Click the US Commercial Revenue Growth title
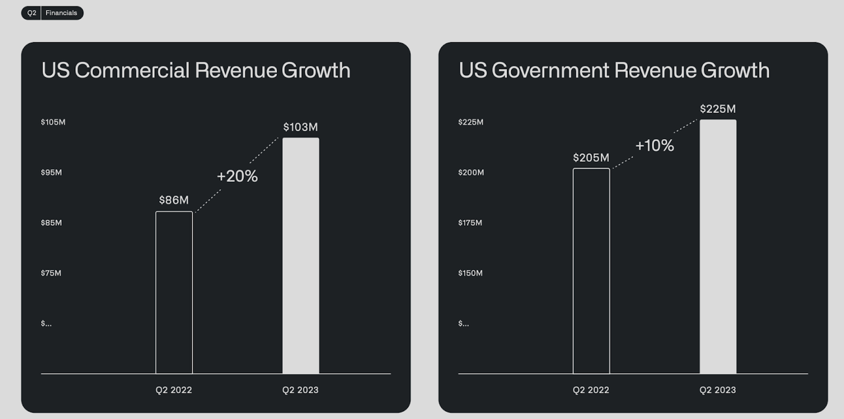tap(196, 70)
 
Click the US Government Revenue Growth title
tap(614, 70)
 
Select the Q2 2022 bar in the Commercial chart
tap(174, 293)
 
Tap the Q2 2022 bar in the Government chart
tap(591, 271)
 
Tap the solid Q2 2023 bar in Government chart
tap(718, 246)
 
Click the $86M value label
tap(174, 200)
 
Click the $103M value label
tap(301, 127)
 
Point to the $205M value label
tap(591, 157)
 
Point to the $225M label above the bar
tap(718, 109)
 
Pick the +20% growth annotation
tap(237, 177)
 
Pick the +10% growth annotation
tap(655, 146)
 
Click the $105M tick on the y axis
tap(53, 123)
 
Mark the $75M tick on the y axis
tap(51, 273)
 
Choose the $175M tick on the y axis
tap(470, 223)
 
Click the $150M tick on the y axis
tap(470, 273)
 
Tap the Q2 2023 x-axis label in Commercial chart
tap(300, 390)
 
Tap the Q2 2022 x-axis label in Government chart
tap(591, 390)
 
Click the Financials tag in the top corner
tap(61, 13)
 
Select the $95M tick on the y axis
tap(51, 173)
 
